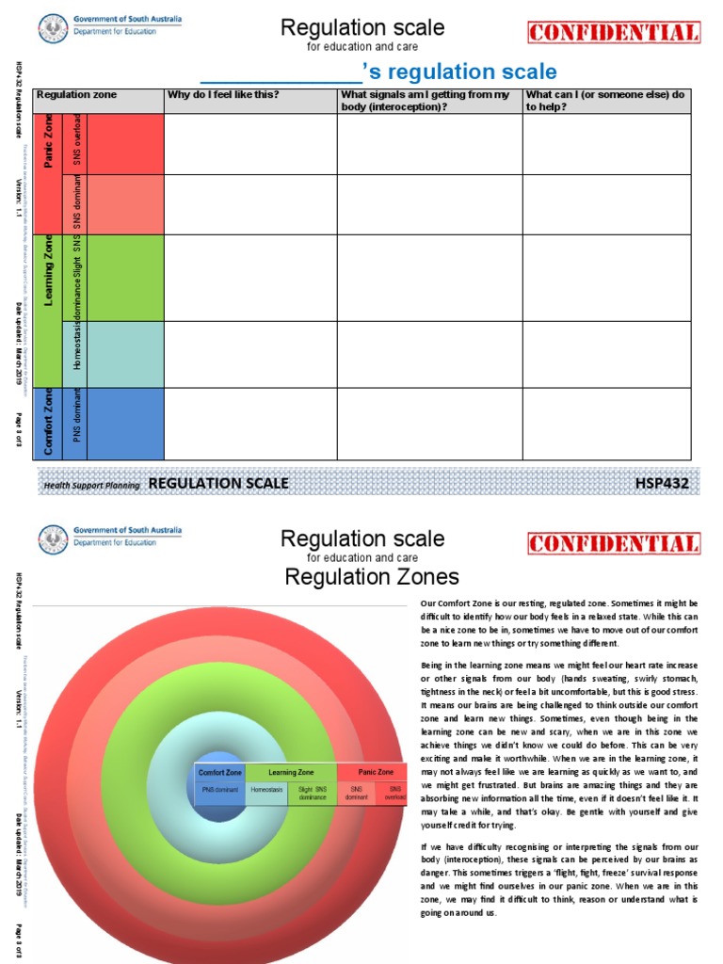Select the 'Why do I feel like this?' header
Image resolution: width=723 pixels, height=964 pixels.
click(x=222, y=95)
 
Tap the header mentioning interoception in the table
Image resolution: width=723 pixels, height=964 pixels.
click(x=425, y=101)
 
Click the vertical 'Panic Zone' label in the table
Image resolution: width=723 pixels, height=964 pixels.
click(x=48, y=141)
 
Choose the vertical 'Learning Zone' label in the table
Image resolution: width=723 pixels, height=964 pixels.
click(x=48, y=277)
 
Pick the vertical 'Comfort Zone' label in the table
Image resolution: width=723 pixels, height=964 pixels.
click(x=48, y=424)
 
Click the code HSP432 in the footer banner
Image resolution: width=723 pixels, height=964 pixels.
click(x=663, y=484)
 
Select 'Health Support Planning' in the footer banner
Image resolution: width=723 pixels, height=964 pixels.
click(x=91, y=486)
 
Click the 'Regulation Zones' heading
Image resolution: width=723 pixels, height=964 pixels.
click(x=372, y=576)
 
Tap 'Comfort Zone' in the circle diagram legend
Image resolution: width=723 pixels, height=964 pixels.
click(x=219, y=772)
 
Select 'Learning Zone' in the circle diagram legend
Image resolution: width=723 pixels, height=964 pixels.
click(x=291, y=772)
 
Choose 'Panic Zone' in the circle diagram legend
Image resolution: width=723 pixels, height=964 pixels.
click(x=371, y=772)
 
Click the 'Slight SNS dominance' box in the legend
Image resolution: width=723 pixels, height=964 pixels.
click(x=313, y=795)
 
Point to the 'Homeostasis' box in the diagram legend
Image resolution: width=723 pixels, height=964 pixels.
click(x=266, y=792)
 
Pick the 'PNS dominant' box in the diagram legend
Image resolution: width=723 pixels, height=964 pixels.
click(x=219, y=792)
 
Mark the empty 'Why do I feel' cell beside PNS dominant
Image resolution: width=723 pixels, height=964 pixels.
click(x=250, y=424)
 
